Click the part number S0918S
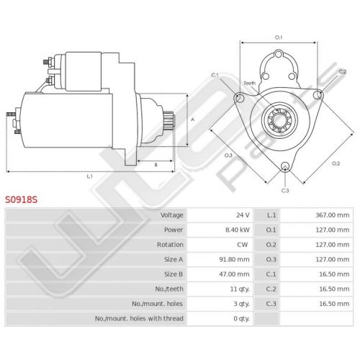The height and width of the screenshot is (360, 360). point(22,199)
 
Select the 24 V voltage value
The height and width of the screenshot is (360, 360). point(243,215)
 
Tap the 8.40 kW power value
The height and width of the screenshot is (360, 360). point(237,230)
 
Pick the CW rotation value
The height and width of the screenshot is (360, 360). point(243,245)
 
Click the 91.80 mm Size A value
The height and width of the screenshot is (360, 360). point(234,259)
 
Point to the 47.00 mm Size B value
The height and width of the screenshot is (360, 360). point(234,274)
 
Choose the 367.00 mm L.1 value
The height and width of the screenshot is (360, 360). point(332,215)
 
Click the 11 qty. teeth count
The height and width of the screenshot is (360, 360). point(240,289)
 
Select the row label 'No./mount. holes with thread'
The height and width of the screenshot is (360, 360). point(139,318)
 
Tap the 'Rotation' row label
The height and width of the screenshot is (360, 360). point(170,245)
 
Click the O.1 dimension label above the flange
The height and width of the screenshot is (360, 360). point(279,37)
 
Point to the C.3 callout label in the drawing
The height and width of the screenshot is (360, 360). point(285,191)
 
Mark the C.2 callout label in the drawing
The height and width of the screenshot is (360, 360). point(343,71)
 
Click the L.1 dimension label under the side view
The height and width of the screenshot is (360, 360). point(89,176)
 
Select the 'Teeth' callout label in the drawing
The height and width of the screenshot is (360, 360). point(250,84)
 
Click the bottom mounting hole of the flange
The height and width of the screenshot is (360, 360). point(285,166)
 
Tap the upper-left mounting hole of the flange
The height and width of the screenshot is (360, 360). point(240,98)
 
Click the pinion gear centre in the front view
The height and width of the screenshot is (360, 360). point(279,120)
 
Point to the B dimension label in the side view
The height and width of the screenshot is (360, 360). point(156,165)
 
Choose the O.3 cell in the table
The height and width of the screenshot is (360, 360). point(271,259)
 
